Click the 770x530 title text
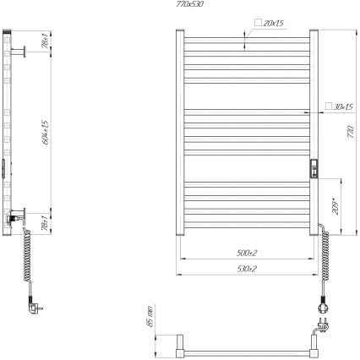tap(191, 4)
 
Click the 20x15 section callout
tap(273, 23)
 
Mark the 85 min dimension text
tap(149, 316)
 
